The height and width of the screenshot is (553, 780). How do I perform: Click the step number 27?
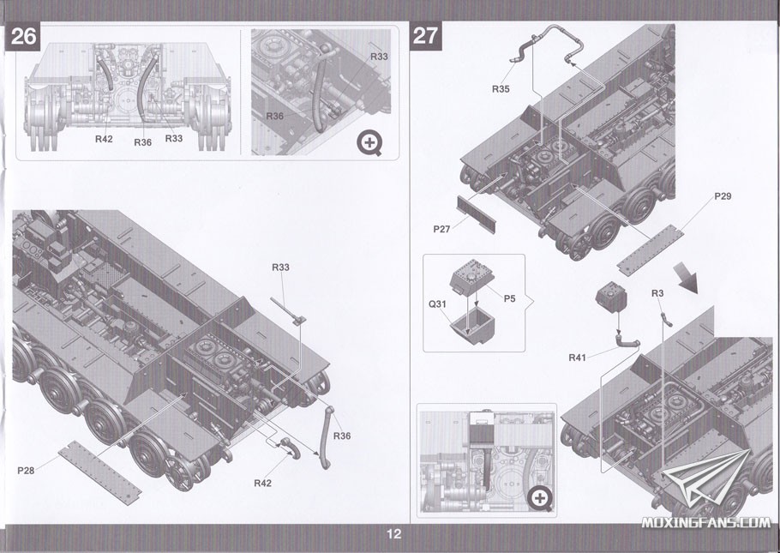(x=426, y=36)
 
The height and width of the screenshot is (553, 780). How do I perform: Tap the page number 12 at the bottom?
(x=393, y=534)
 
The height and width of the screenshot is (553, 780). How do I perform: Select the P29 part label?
(x=723, y=197)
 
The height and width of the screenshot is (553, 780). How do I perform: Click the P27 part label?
(x=442, y=229)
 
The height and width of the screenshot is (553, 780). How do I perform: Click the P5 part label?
(x=509, y=298)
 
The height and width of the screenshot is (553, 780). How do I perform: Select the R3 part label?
(x=657, y=294)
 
